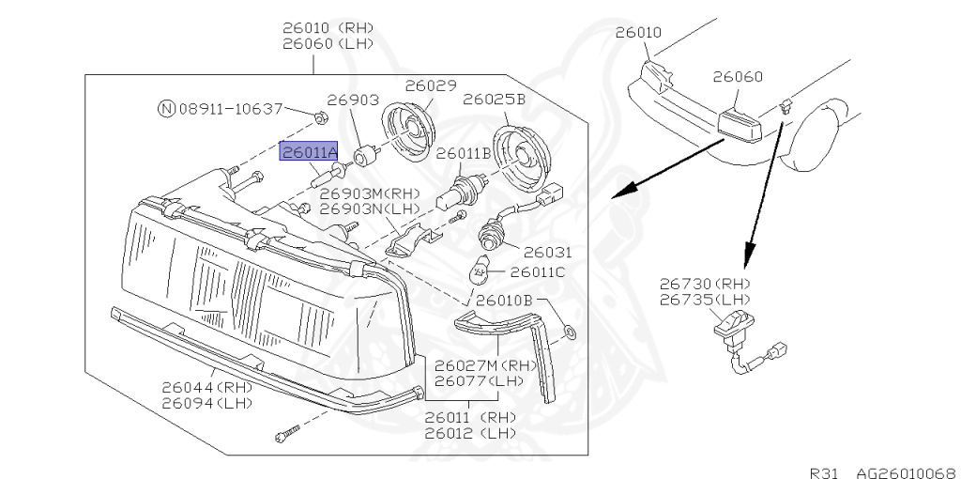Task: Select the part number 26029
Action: (x=430, y=85)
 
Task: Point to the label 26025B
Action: (x=494, y=99)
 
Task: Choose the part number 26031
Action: (x=547, y=253)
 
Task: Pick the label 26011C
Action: (x=537, y=272)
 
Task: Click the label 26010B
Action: (x=504, y=301)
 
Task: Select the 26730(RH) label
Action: (x=705, y=283)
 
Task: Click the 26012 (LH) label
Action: (x=470, y=433)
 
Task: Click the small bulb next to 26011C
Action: (x=479, y=274)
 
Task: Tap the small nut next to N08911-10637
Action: (x=320, y=118)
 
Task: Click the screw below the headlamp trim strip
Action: (x=287, y=434)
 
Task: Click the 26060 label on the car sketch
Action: (x=737, y=77)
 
